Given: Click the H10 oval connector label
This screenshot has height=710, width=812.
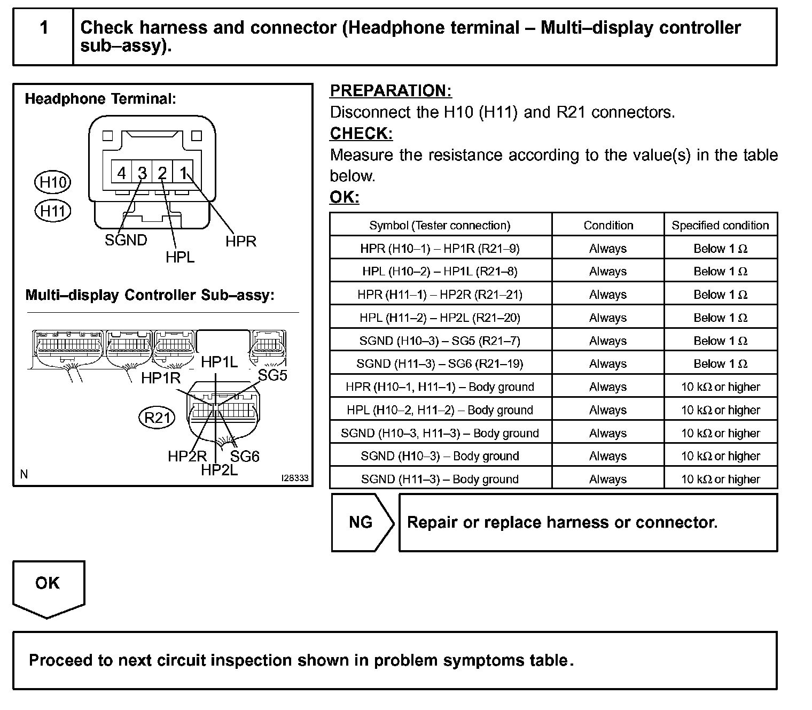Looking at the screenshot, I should coord(52,183).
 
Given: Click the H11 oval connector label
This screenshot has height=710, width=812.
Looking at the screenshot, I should coord(52,211).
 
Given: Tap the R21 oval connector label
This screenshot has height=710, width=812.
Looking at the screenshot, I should coord(157,417).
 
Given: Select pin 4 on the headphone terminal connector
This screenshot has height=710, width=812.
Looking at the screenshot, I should coord(122,173).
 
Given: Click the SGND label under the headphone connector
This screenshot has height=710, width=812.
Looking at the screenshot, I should coord(126,240).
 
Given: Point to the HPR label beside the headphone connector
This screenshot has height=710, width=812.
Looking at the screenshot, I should coord(241,242).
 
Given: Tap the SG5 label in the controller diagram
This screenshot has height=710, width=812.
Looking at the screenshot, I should coord(272,376).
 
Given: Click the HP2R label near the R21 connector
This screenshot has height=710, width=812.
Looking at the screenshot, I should coord(187,456).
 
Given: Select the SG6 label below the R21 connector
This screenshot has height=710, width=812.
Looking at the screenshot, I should coord(245,456).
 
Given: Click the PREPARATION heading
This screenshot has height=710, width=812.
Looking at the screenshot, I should coord(391,91).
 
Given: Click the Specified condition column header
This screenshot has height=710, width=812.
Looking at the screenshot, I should coord(720,226).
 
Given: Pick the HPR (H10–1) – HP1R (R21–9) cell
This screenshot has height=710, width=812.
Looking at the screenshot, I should coord(440,249).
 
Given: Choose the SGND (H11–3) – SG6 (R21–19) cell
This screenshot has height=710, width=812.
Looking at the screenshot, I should coord(440,364).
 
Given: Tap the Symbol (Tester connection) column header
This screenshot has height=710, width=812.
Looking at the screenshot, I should coord(440,226).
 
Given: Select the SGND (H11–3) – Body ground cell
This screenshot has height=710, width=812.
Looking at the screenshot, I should coord(440,479).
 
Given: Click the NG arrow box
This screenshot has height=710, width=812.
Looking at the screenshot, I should coord(361,522).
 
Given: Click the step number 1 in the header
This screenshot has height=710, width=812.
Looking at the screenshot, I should coord(44,28).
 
